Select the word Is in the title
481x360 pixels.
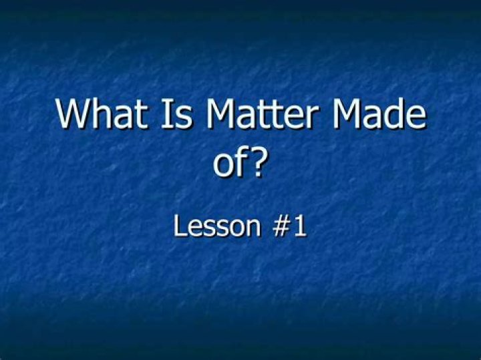tap(177, 113)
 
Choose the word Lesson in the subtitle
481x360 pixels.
tap(217, 226)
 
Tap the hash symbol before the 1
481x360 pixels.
tap(281, 226)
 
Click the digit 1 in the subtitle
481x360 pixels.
tap(300, 226)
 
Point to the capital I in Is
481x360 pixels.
tap(166, 113)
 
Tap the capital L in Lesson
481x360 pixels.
tap(180, 226)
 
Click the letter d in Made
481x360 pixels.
tap(391, 113)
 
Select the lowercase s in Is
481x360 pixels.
tap(184, 118)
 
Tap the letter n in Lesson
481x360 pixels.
tap(253, 228)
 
